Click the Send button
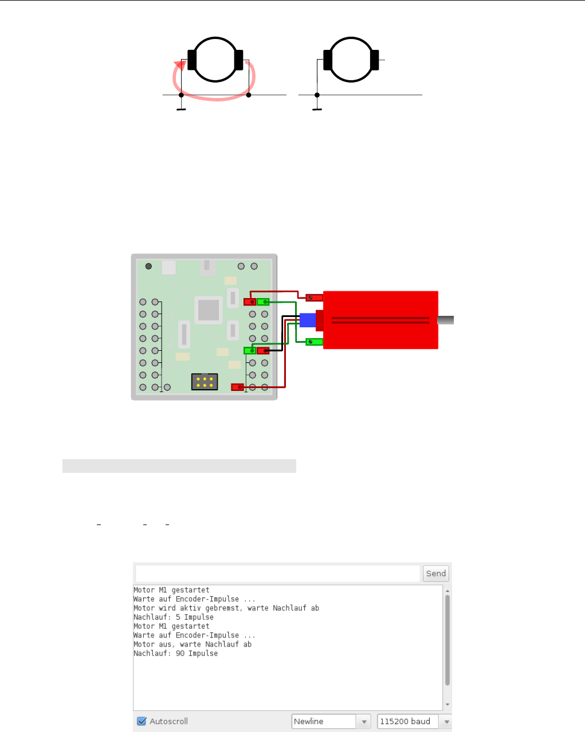coord(435,573)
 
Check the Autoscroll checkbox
coord(142,721)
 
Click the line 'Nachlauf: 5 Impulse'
coord(174,617)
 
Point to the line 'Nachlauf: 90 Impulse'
coord(176,653)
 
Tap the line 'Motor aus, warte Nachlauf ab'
coord(193,644)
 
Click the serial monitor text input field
coord(278,573)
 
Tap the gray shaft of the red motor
coord(446,320)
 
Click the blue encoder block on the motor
coord(307,320)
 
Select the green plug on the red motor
coord(314,342)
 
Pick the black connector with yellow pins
coord(205,382)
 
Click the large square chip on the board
coord(208,310)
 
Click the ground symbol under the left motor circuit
coord(181,108)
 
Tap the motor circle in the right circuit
coord(351,60)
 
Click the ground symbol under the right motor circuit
coord(317,108)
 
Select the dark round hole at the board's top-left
coord(149,266)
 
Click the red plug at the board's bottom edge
coord(237,387)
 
